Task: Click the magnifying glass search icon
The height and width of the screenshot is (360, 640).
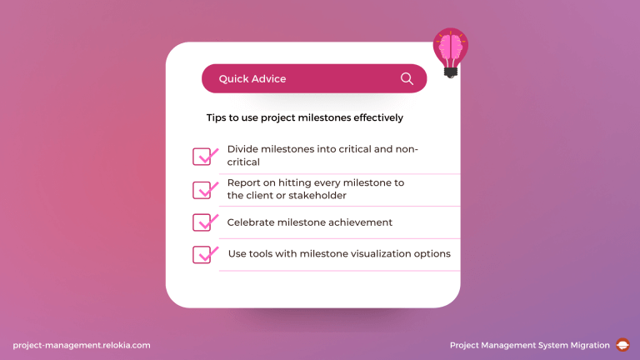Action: (x=407, y=78)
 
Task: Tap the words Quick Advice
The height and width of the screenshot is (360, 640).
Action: (x=252, y=79)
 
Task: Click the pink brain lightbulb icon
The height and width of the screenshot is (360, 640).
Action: (x=451, y=51)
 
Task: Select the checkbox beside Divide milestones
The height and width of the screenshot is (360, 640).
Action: (x=203, y=157)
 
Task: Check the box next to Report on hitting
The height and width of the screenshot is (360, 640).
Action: (x=203, y=190)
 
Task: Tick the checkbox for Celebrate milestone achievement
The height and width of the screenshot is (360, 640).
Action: (x=203, y=222)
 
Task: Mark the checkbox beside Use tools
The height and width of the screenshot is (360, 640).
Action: (x=203, y=254)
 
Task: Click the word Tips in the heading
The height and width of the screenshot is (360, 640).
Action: (x=216, y=118)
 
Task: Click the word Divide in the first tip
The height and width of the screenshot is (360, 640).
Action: (x=242, y=149)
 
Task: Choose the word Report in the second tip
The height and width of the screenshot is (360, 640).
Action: (x=244, y=183)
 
